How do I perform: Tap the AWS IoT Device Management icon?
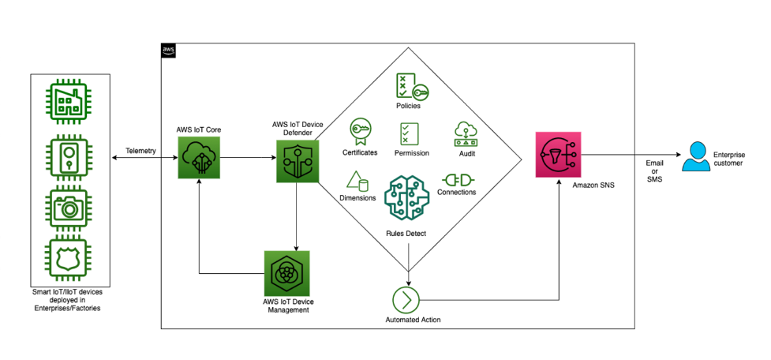(x=286, y=273)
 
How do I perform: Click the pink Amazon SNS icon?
(x=559, y=156)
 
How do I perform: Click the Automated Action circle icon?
(x=407, y=300)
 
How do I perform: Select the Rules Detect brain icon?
(x=408, y=201)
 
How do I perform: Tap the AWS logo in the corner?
(x=169, y=51)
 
